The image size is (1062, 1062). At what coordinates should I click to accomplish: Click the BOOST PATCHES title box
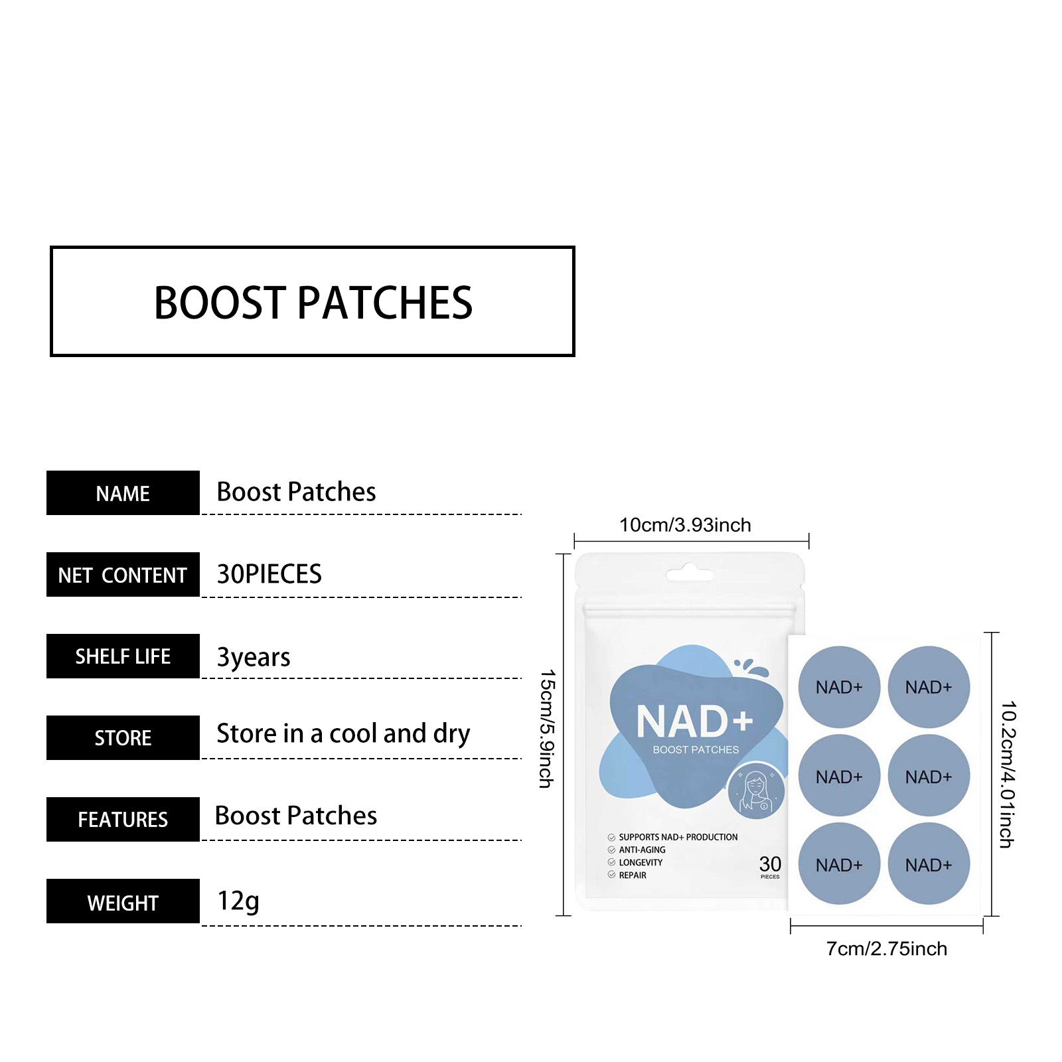click(312, 302)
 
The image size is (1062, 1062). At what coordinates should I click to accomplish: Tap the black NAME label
click(123, 493)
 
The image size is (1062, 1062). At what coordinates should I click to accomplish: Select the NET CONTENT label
click(123, 575)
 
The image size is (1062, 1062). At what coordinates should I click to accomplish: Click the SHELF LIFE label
click(123, 656)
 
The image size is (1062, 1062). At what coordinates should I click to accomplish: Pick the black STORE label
click(123, 738)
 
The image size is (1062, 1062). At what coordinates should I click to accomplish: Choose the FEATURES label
click(123, 820)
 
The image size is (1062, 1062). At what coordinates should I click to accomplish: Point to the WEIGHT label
click(123, 902)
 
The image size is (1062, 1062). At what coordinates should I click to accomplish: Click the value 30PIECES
click(269, 574)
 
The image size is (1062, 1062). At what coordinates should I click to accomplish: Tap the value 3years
click(254, 657)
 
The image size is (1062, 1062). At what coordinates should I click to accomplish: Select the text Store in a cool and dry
click(343, 734)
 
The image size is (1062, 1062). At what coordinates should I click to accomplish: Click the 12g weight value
click(238, 901)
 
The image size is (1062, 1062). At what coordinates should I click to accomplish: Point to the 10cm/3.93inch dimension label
click(685, 525)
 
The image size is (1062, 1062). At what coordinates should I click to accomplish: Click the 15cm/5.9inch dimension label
click(546, 728)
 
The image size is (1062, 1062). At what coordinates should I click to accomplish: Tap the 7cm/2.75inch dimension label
click(886, 949)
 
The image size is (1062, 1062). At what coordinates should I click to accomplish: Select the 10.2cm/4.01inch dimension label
click(1008, 774)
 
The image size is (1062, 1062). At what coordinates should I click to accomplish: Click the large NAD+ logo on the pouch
click(694, 721)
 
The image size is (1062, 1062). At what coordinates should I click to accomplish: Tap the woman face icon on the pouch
click(756, 791)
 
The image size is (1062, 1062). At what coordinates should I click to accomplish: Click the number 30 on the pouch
click(770, 864)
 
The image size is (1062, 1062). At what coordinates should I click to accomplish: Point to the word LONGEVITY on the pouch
click(641, 863)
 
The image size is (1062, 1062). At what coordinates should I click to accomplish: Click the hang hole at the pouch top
click(690, 573)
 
